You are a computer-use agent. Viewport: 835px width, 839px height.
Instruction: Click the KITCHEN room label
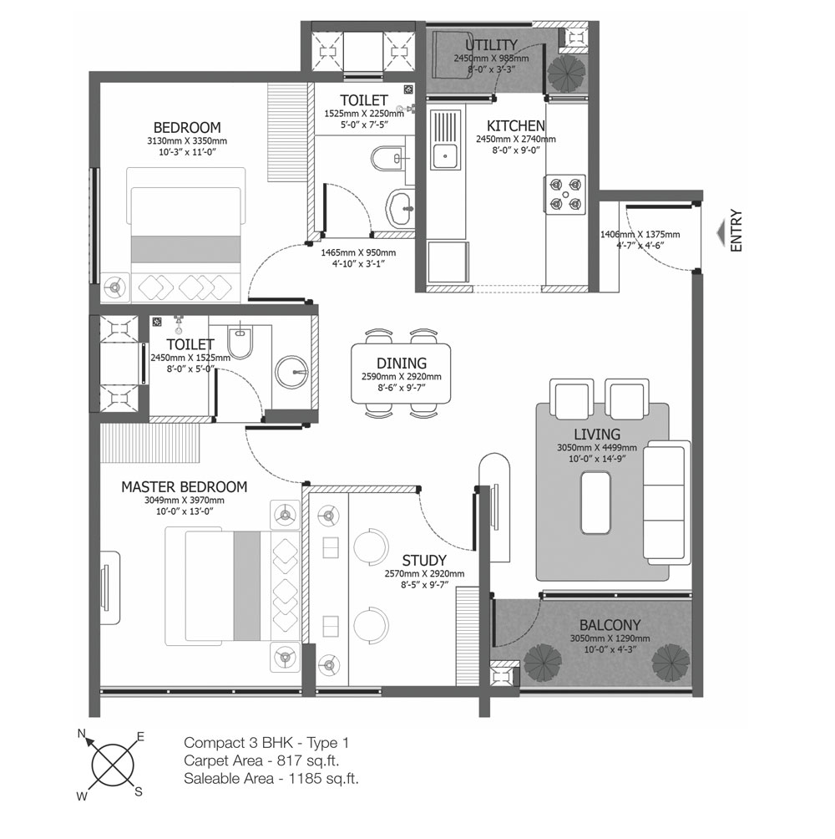[x=516, y=125]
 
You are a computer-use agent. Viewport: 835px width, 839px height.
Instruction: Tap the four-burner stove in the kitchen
[x=565, y=195]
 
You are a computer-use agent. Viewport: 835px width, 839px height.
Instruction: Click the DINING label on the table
[x=402, y=364]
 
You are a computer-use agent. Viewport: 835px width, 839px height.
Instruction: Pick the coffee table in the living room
[x=595, y=502]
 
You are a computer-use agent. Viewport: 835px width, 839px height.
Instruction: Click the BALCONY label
[x=610, y=625]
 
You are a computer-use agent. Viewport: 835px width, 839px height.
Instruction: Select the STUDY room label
[x=424, y=560]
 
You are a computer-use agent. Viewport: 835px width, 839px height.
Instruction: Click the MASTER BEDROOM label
[x=185, y=487]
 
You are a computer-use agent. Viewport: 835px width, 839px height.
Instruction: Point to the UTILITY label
[x=491, y=45]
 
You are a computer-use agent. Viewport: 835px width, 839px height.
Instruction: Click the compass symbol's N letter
[x=82, y=733]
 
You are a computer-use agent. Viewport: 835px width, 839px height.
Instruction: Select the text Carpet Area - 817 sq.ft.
[x=261, y=760]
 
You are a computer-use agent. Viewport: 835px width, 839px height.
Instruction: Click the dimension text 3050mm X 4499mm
[x=597, y=447]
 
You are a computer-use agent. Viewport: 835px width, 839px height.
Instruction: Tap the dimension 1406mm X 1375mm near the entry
[x=640, y=234]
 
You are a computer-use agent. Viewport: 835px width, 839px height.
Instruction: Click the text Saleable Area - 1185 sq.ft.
[x=271, y=778]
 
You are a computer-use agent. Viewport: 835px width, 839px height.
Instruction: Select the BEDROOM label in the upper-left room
[x=187, y=127]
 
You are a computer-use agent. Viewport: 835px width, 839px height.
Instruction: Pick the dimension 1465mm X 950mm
[x=358, y=252]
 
